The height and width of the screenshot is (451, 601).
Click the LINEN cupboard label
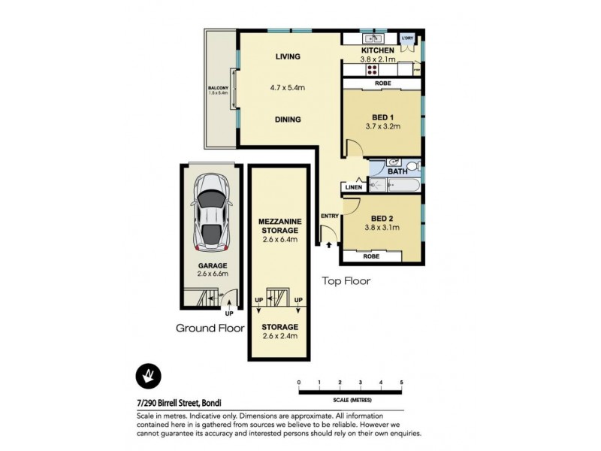[x=353, y=187]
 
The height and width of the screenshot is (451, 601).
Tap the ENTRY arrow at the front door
[x=328, y=244]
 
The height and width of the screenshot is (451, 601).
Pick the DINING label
[x=288, y=120]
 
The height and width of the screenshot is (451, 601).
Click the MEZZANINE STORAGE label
[x=279, y=225]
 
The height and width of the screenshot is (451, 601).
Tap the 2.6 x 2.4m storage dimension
[x=279, y=336]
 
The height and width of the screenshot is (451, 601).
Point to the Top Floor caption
[x=346, y=282]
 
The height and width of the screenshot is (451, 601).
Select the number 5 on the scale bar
[x=402, y=383]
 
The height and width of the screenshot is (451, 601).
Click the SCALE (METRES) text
[x=351, y=399]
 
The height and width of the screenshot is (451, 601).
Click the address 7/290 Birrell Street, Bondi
[x=179, y=403]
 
